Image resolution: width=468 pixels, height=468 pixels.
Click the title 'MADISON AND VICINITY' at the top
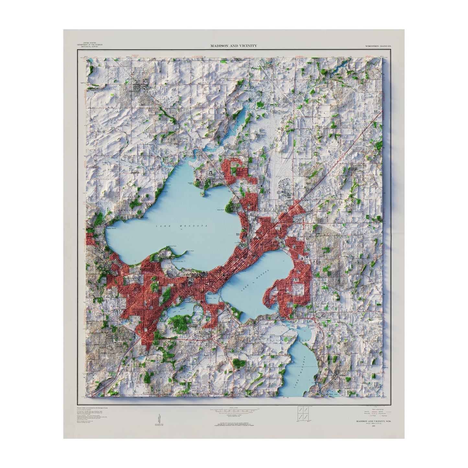tap(234, 46)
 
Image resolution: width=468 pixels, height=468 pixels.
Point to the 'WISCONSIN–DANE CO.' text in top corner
tap(378, 46)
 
